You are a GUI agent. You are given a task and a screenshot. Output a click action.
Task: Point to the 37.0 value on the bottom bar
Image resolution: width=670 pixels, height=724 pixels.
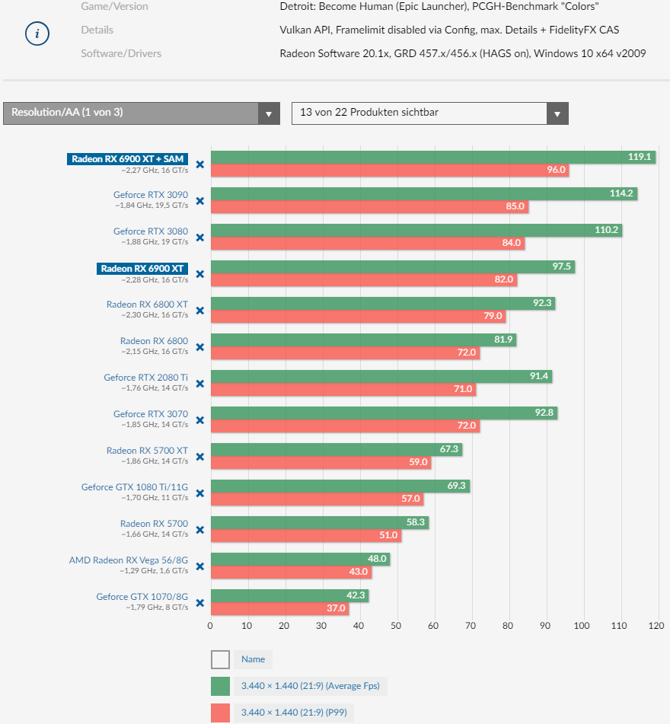click(x=337, y=608)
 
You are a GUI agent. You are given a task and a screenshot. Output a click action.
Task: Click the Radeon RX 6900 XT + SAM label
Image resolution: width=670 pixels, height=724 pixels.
click(x=127, y=158)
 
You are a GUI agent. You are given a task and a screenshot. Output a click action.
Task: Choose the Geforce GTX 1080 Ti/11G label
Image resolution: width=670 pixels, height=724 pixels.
click(x=135, y=487)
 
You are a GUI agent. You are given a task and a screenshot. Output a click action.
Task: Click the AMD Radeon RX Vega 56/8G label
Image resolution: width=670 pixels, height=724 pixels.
click(x=129, y=560)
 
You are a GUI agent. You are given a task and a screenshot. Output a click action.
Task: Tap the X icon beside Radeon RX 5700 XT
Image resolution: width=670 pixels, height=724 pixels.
click(x=199, y=457)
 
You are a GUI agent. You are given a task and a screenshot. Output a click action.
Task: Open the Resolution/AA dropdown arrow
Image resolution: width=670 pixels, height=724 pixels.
click(x=268, y=114)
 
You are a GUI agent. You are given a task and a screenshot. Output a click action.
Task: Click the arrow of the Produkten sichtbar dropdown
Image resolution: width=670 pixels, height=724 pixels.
click(x=557, y=114)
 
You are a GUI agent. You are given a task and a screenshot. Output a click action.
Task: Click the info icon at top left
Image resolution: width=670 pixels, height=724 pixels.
click(x=37, y=34)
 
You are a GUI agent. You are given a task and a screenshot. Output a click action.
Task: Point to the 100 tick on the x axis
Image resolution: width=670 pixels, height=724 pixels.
click(x=582, y=626)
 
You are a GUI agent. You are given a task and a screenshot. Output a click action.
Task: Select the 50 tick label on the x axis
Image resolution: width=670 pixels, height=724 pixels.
click(x=396, y=626)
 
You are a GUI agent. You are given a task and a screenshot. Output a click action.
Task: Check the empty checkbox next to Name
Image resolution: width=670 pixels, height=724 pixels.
click(x=220, y=659)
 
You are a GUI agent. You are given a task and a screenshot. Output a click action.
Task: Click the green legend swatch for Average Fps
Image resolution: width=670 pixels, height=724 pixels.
click(x=220, y=686)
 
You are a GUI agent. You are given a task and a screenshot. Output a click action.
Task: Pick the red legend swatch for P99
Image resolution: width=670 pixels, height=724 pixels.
click(x=220, y=713)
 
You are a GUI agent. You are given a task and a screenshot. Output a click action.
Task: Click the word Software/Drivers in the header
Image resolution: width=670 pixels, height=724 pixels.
click(x=121, y=53)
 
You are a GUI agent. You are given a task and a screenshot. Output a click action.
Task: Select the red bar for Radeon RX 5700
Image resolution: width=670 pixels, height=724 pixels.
click(x=305, y=535)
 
